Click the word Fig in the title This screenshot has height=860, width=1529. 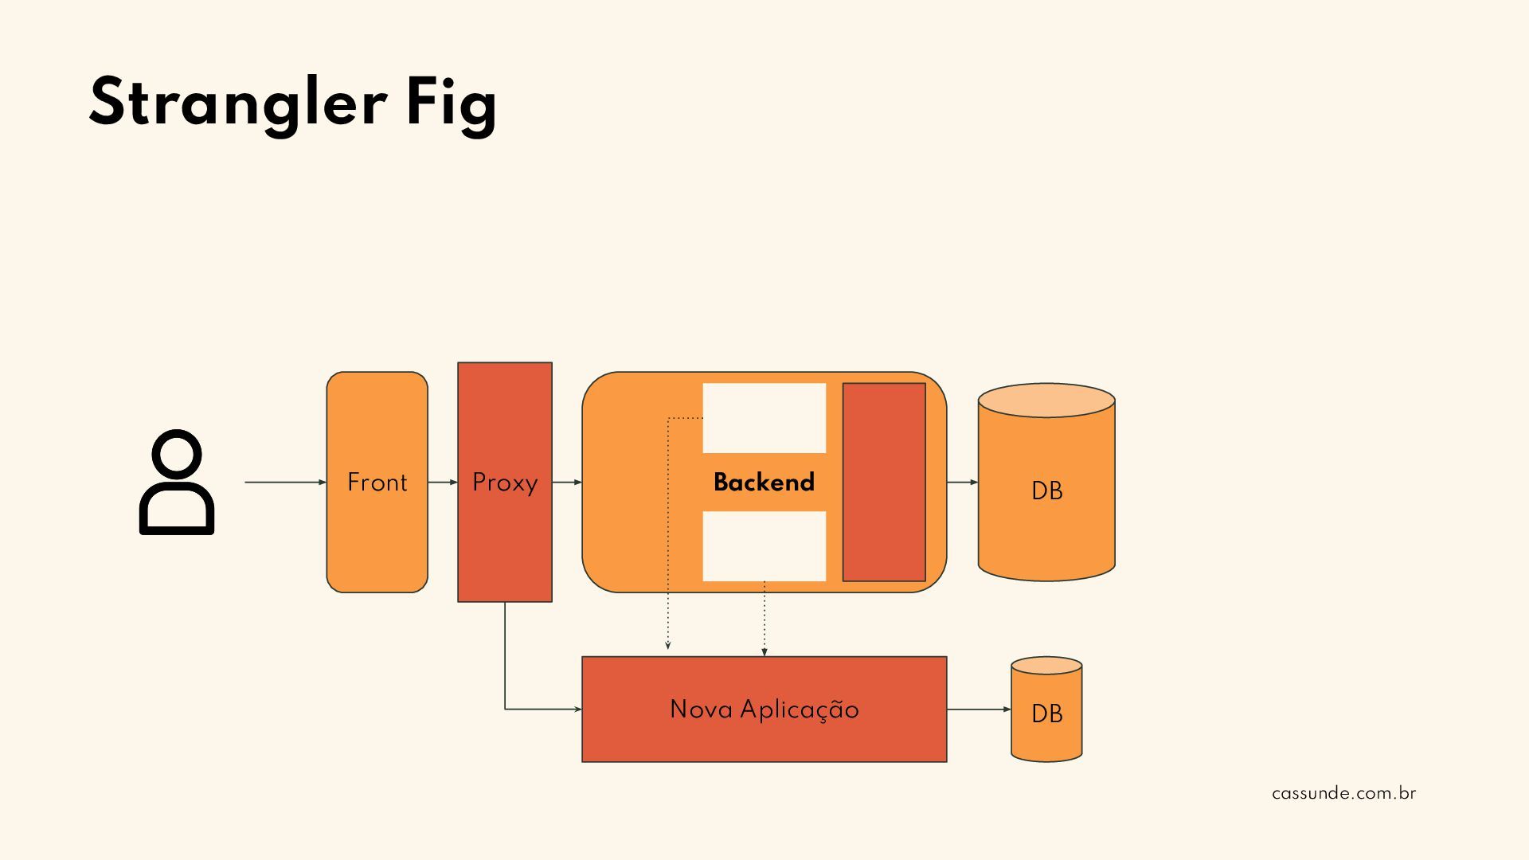coord(451,104)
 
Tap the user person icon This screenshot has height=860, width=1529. coord(177,483)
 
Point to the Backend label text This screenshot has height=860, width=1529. coord(764,482)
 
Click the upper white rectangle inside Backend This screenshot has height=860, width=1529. coord(764,418)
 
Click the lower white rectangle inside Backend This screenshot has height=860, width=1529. coord(764,546)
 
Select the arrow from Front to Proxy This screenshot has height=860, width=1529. coord(443,482)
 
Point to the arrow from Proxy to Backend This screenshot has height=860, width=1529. coord(567,482)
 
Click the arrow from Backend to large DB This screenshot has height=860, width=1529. coord(962,482)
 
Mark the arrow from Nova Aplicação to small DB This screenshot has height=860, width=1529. coord(979,709)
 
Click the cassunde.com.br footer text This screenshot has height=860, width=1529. coord(1343,793)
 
